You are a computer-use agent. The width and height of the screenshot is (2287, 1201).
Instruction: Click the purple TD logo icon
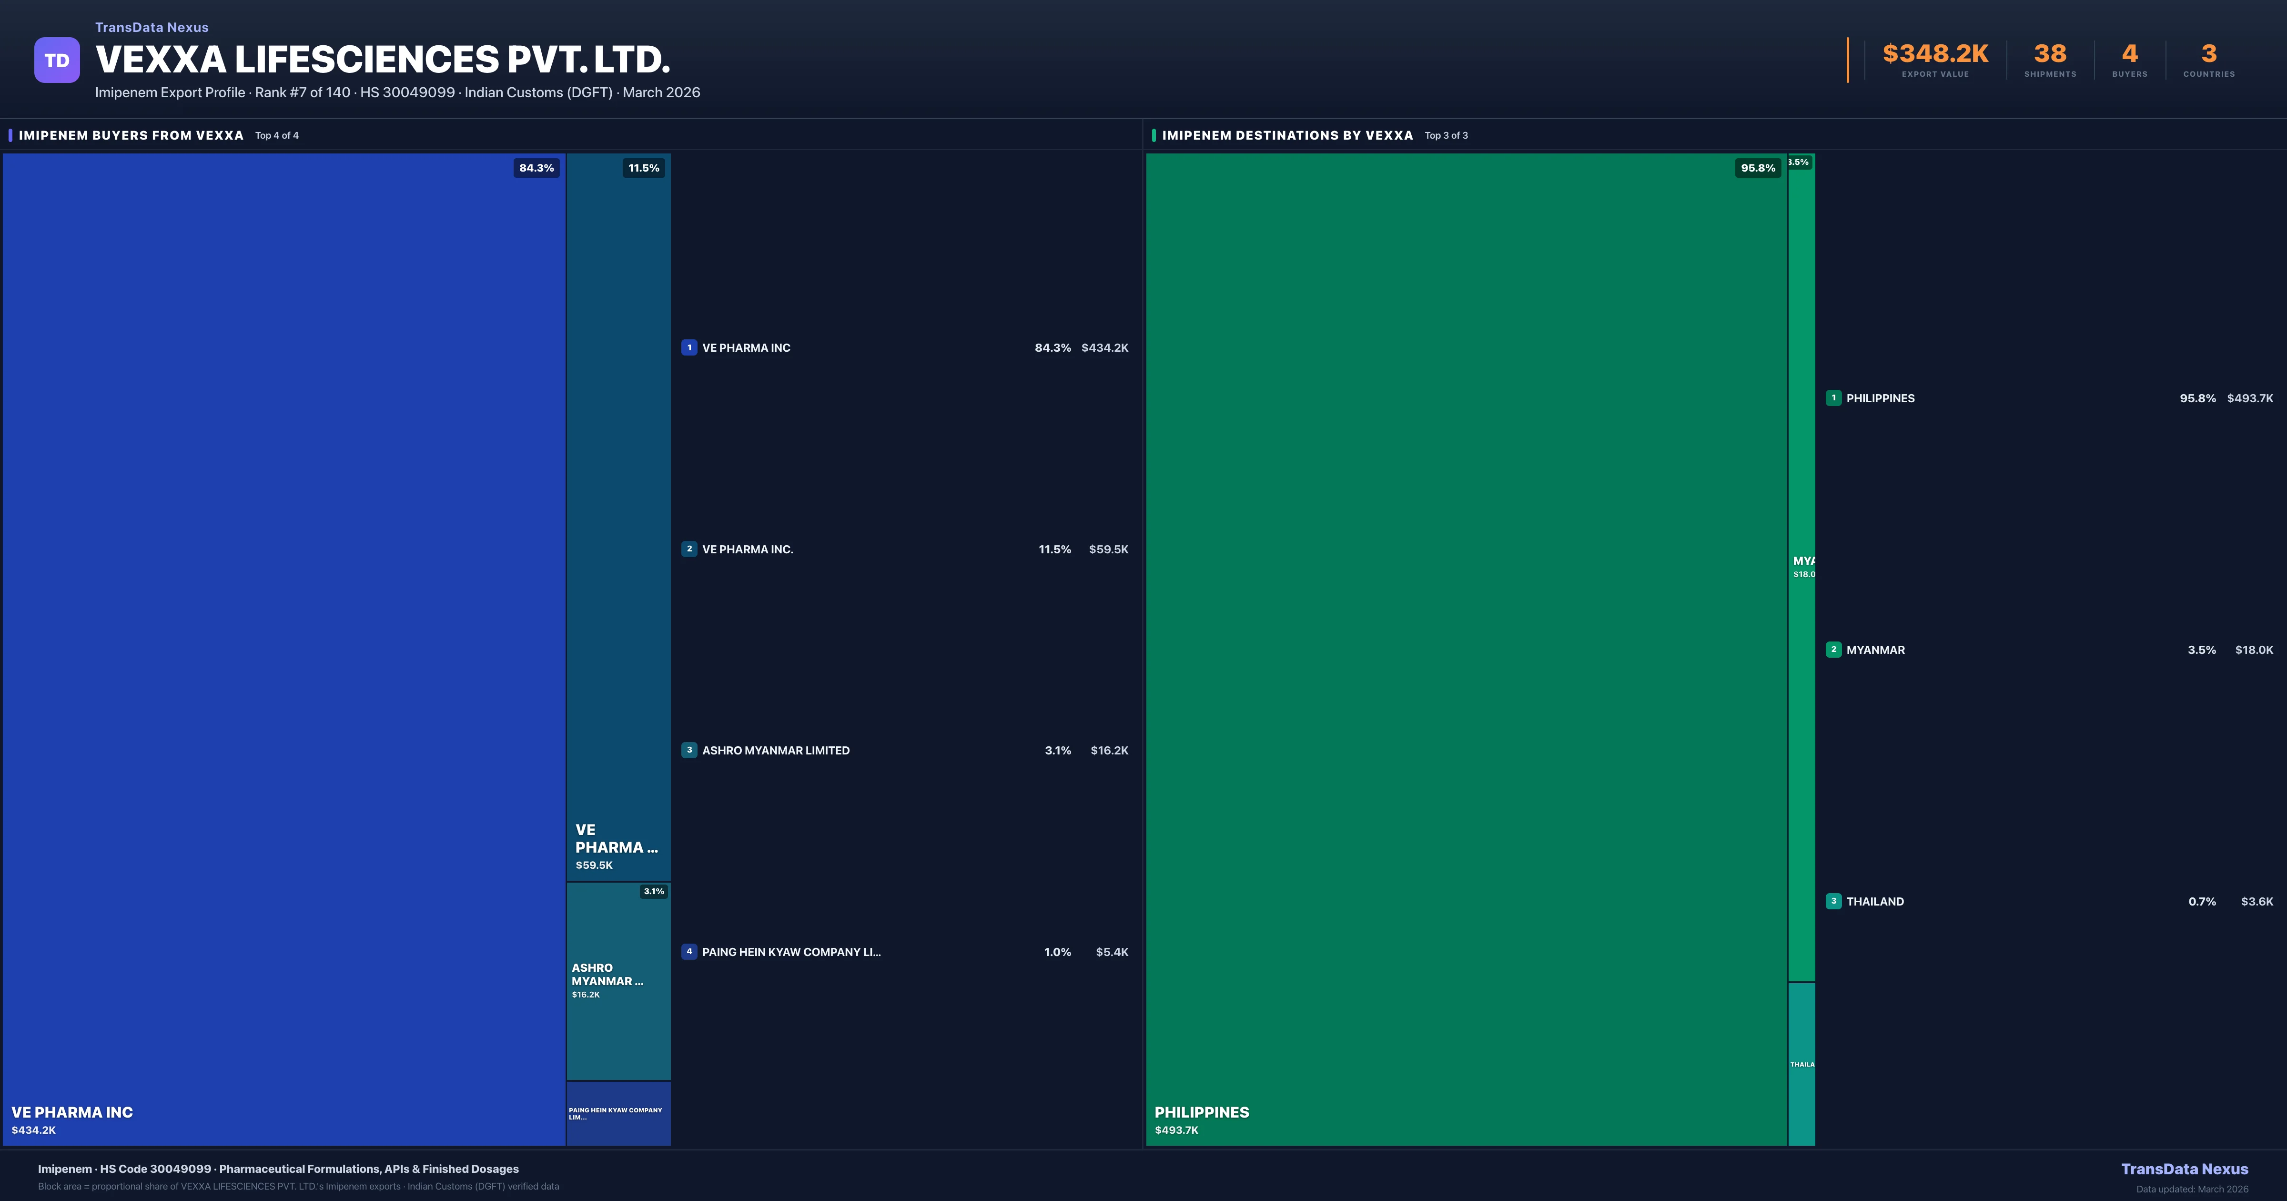click(x=57, y=61)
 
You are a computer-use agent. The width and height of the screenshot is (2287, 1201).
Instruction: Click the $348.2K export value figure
click(x=1935, y=54)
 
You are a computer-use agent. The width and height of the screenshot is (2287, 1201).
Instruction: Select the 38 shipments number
click(x=2050, y=54)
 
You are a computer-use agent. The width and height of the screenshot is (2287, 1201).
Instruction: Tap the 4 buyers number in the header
click(x=2129, y=54)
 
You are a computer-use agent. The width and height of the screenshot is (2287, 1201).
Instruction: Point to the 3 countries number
click(x=2209, y=54)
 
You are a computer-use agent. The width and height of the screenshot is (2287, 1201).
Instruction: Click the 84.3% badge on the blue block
click(x=536, y=168)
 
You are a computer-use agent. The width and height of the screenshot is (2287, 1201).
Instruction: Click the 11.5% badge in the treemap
click(x=644, y=168)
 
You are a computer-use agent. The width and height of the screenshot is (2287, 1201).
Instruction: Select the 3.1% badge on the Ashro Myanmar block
click(x=653, y=891)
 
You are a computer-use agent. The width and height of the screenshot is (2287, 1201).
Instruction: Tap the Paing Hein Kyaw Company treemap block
click(x=618, y=1113)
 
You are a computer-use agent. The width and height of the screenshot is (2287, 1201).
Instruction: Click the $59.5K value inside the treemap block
click(x=594, y=865)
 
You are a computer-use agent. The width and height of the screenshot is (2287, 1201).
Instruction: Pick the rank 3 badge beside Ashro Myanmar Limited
click(x=689, y=751)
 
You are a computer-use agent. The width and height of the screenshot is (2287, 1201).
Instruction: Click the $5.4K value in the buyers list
click(x=1112, y=952)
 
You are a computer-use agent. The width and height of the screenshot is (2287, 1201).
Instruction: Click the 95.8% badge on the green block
click(x=1758, y=168)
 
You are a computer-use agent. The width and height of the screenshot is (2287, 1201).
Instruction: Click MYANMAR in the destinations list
click(x=1875, y=650)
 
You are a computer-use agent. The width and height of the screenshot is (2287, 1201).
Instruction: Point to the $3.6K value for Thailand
click(x=2256, y=902)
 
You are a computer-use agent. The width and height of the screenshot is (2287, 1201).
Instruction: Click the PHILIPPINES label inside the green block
click(x=1201, y=1112)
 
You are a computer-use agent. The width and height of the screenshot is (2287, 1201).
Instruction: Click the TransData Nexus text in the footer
click(x=2184, y=1169)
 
